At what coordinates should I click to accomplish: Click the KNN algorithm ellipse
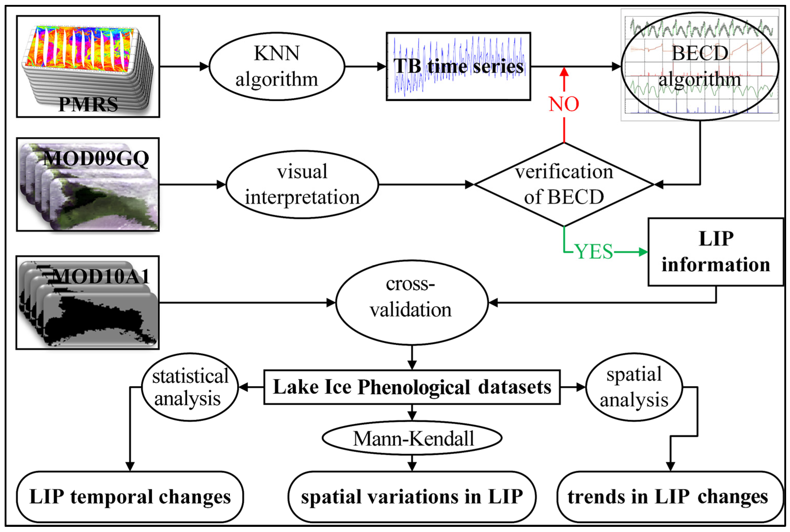click(x=277, y=66)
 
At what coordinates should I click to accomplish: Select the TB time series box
click(x=458, y=66)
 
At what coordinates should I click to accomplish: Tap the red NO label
click(x=564, y=104)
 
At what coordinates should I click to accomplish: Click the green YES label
click(x=594, y=252)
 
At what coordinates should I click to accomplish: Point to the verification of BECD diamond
click(x=564, y=184)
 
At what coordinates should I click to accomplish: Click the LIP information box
click(x=716, y=252)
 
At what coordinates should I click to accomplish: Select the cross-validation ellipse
click(x=412, y=302)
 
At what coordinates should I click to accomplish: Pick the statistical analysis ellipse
click(x=190, y=387)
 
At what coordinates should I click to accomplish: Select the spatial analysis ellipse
click(x=634, y=387)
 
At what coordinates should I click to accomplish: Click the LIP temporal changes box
click(x=130, y=497)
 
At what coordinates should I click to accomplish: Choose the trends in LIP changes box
click(x=670, y=497)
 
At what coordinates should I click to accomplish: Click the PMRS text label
click(x=88, y=104)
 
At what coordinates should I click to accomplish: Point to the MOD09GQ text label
click(x=96, y=158)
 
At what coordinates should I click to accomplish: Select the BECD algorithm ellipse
click(x=700, y=66)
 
